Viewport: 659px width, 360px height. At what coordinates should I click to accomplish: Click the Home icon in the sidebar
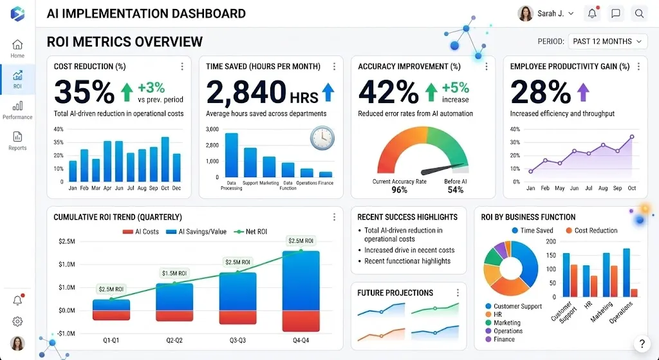point(17,44)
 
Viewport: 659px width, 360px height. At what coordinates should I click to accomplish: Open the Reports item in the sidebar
point(17,137)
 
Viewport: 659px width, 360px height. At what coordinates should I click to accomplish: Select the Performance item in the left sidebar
point(17,106)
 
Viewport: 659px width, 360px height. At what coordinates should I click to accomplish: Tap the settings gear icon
point(17,321)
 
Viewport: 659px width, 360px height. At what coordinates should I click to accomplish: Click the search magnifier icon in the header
point(638,13)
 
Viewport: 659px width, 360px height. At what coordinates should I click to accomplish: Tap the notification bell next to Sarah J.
point(591,13)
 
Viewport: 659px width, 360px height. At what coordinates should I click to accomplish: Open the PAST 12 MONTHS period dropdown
point(608,41)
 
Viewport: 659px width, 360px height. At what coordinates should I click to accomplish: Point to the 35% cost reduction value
point(84,92)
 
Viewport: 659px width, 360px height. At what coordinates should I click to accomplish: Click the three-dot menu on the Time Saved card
point(334,66)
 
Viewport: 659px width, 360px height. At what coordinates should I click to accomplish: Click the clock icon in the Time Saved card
point(322,137)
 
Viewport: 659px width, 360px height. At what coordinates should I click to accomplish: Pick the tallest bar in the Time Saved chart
point(231,155)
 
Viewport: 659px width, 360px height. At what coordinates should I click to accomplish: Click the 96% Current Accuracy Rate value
point(399,190)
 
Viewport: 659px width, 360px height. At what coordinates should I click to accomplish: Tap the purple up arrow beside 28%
point(583,92)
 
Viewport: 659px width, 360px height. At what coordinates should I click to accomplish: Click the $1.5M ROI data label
point(174,273)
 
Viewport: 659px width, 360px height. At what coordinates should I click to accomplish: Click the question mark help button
point(640,344)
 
